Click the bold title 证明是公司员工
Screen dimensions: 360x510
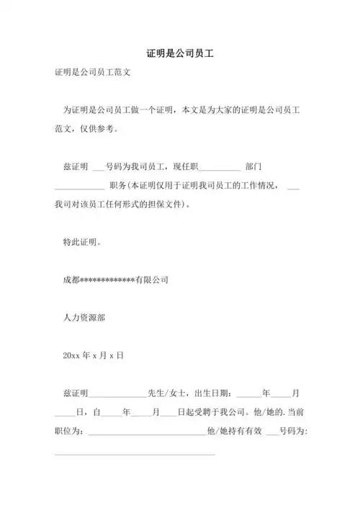[180, 54]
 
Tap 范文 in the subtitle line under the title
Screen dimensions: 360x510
[122, 73]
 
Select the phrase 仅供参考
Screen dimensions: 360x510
[102, 129]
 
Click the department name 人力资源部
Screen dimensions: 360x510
[86, 316]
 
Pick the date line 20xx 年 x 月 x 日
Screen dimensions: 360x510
[94, 354]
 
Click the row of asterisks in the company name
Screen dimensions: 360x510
[107, 279]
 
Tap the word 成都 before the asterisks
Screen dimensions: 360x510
[71, 279]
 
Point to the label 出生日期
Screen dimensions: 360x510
[214, 393]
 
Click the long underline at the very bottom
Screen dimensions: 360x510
[135, 453]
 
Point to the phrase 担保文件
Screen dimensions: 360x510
[167, 205]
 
